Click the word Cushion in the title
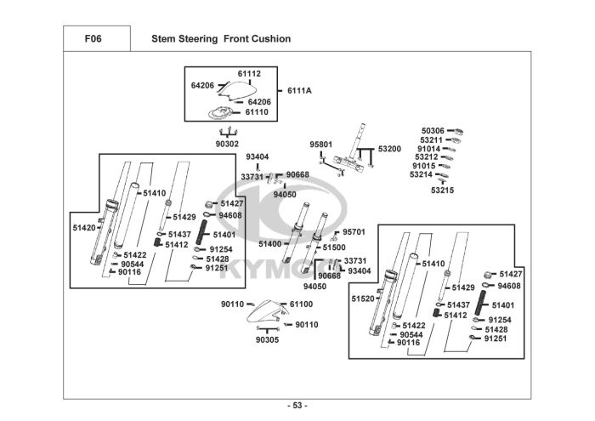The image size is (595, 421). point(272,38)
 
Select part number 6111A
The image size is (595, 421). point(299,90)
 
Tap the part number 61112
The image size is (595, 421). point(249,73)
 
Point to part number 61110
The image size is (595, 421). point(257,111)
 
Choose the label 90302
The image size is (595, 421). point(227,144)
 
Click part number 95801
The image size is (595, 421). point(320,145)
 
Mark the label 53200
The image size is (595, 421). point(389,148)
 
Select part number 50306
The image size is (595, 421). point(433,131)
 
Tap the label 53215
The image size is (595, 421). point(442,191)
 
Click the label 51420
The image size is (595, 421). point(84,227)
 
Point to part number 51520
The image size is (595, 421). point(363,299)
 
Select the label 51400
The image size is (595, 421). point(269,244)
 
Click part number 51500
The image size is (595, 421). point(334,247)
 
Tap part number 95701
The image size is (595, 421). point(354,231)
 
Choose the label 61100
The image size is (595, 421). point(302,304)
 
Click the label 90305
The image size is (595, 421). point(267,339)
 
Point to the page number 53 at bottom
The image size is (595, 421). point(297,405)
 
